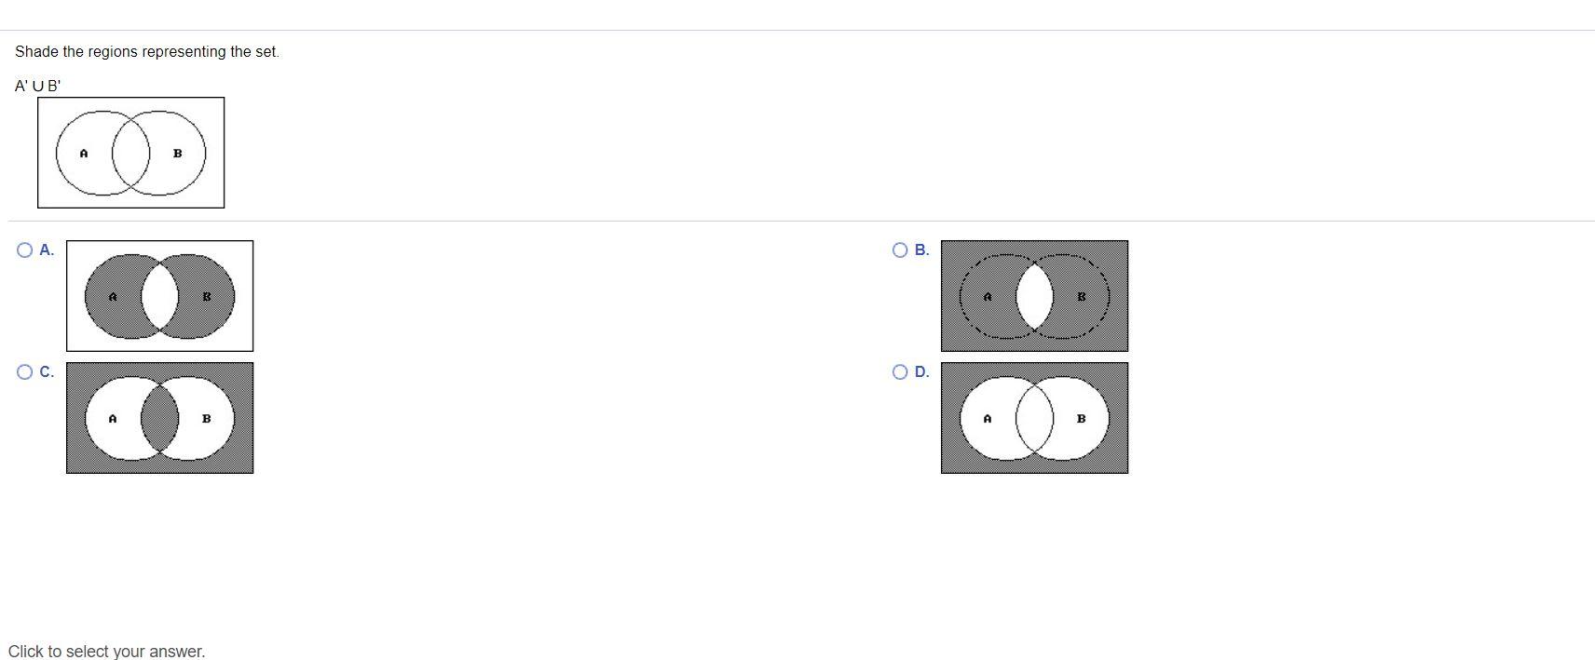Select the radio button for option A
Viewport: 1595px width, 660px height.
coord(25,249)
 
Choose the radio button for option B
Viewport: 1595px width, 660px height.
coord(900,249)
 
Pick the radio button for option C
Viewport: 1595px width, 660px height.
coord(25,372)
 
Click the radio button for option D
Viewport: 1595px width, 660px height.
coord(900,372)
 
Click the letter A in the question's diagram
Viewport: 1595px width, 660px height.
coord(84,153)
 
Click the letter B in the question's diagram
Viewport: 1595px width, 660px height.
coord(178,153)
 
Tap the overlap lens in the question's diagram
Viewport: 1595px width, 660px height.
coord(131,153)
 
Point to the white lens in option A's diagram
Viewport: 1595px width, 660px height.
coord(159,297)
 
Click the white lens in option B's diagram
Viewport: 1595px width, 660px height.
coord(1035,297)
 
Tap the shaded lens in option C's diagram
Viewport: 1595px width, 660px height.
coord(159,418)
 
